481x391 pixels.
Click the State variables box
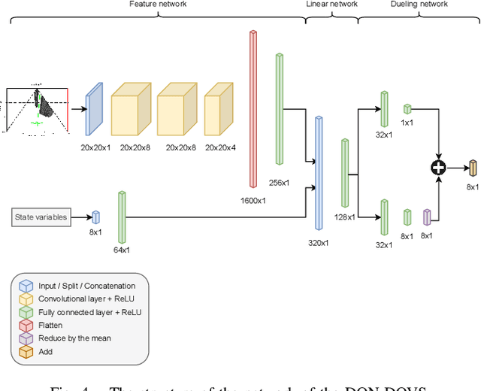41,217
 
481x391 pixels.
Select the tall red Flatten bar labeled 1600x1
253,109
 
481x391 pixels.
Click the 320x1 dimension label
319,243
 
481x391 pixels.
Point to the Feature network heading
158,5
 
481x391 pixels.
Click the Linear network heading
331,5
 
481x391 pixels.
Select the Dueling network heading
419,5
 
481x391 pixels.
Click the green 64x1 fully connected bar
122,217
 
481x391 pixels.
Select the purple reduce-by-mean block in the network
427,217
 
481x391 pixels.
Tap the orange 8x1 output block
473,168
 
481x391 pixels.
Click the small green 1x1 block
407,109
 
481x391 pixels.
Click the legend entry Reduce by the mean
74,338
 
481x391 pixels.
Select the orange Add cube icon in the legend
26,351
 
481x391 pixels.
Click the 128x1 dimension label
344,217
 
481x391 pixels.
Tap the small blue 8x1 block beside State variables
95,217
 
